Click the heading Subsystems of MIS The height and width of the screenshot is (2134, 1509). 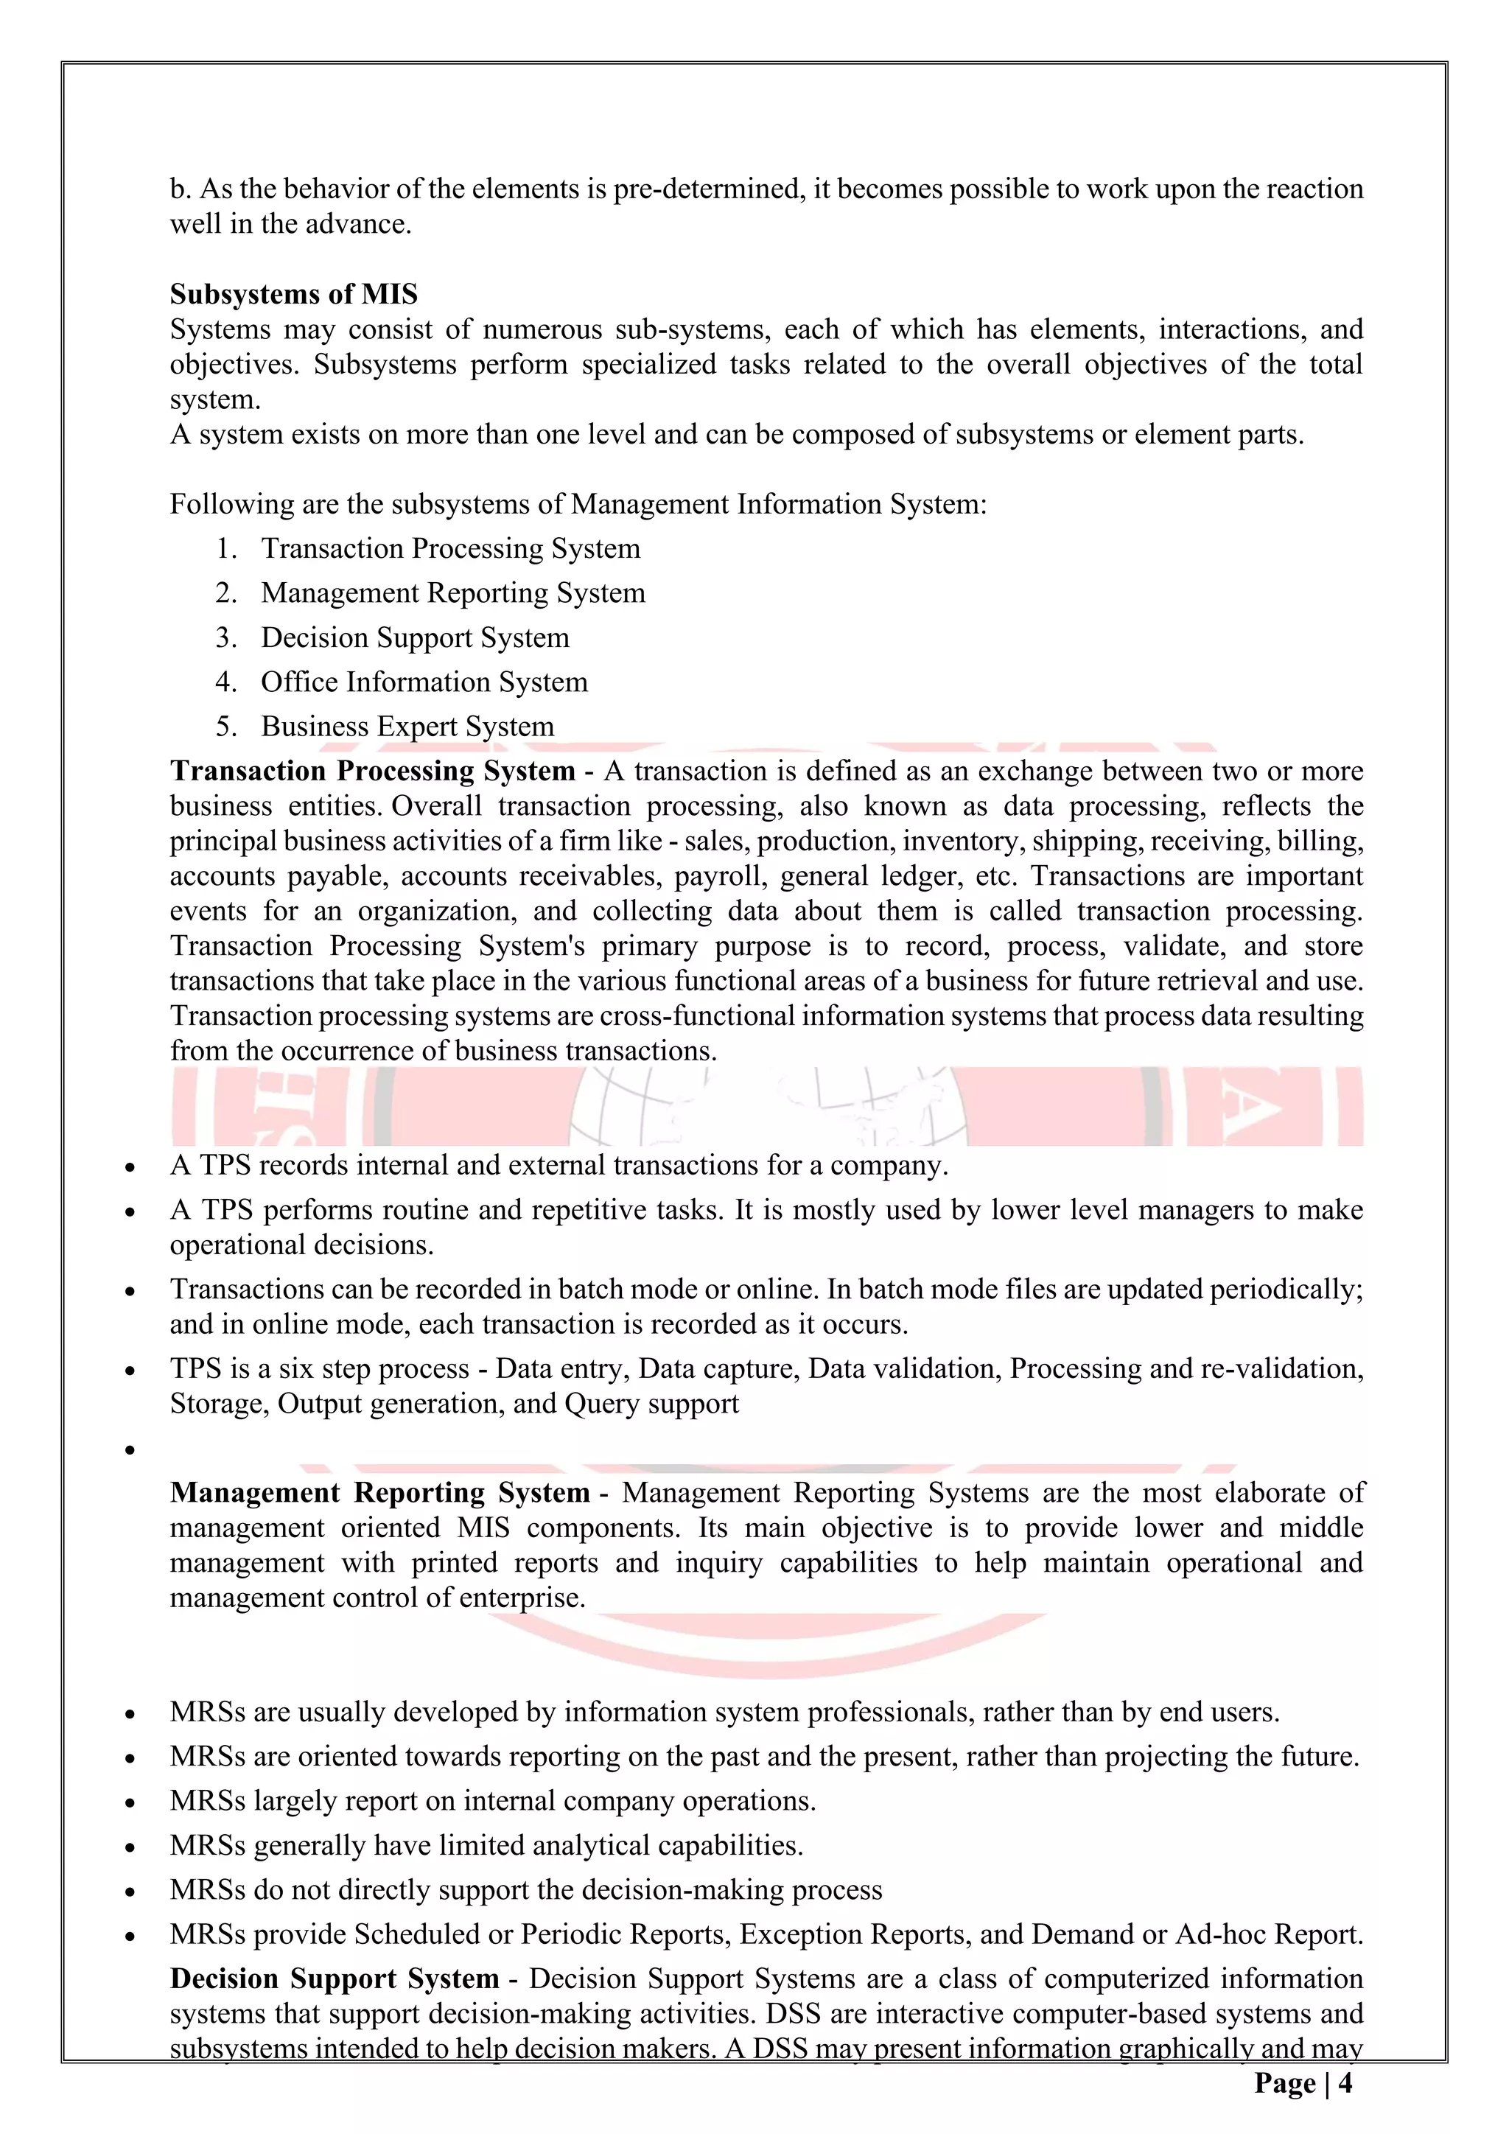click(x=294, y=295)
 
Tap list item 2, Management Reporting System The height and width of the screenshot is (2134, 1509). click(x=452, y=593)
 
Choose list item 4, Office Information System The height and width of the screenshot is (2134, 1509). click(x=424, y=682)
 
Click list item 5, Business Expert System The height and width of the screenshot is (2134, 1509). click(x=407, y=727)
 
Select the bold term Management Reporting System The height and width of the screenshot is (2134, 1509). click(x=380, y=1493)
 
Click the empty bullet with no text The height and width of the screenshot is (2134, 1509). click(x=130, y=1451)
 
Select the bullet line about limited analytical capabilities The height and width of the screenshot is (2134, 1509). click(x=486, y=1845)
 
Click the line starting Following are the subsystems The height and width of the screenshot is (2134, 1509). click(x=577, y=504)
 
